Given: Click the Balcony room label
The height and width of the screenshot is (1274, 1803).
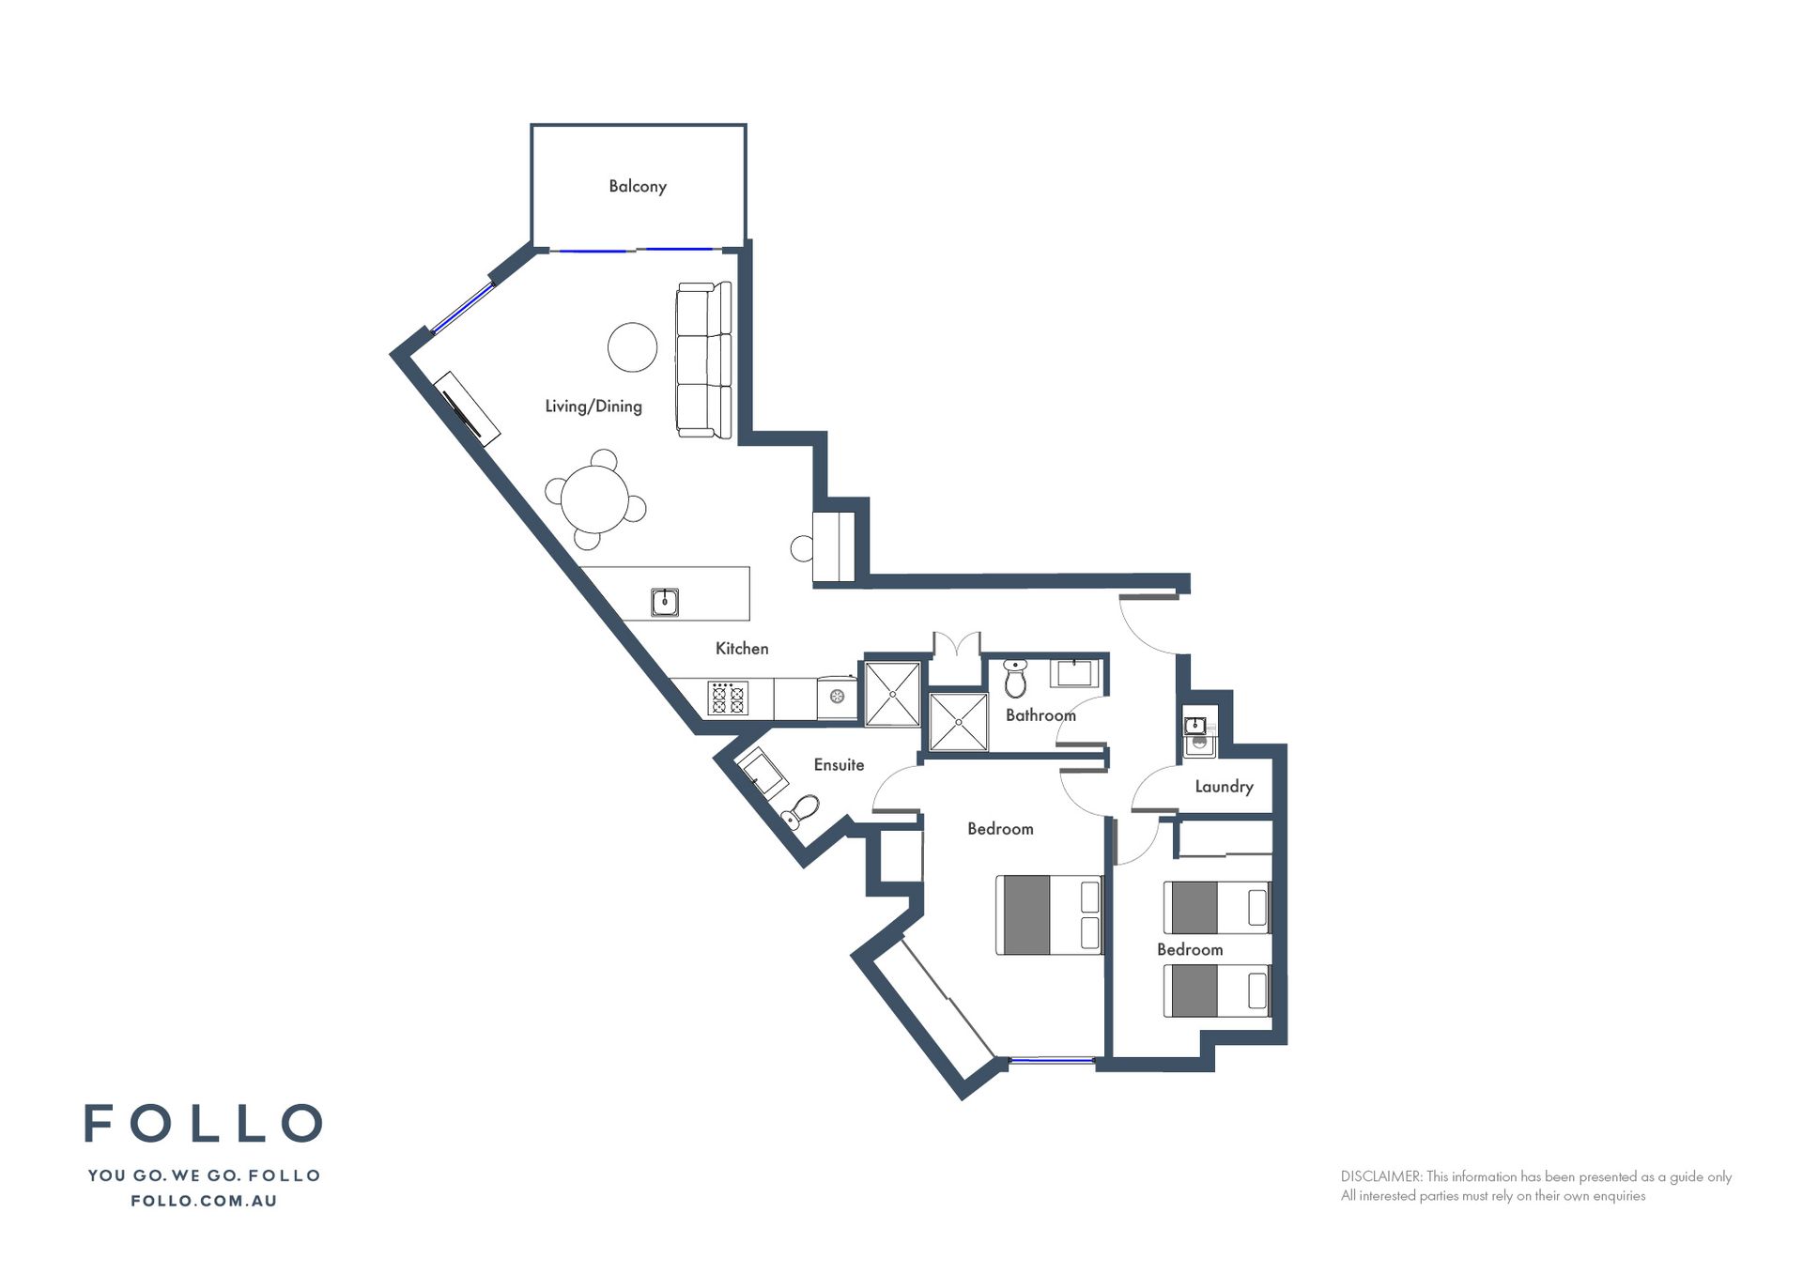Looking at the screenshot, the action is (x=638, y=186).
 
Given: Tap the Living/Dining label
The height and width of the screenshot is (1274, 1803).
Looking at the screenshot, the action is (x=593, y=406).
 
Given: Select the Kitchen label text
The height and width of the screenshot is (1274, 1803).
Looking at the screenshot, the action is (x=742, y=648).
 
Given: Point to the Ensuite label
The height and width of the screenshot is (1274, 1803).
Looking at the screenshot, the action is (x=839, y=764).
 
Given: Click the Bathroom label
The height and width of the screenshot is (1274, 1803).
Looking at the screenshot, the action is (x=1040, y=714).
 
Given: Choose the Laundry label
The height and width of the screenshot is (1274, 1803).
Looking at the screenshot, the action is (x=1224, y=786).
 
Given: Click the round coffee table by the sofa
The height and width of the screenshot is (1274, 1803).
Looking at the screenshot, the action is (x=632, y=347).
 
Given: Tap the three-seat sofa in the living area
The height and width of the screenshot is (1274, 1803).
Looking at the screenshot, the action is (x=703, y=360).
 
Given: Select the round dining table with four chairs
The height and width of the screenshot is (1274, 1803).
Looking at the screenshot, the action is (x=595, y=499).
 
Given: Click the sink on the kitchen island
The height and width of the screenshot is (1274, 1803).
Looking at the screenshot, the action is (x=665, y=601).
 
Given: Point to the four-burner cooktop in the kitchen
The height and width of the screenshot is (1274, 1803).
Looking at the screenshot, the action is (x=728, y=698).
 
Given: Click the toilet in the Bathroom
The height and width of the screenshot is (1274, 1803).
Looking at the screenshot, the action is (x=1015, y=678).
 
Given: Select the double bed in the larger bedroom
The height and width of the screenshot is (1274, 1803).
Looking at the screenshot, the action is (x=1049, y=914).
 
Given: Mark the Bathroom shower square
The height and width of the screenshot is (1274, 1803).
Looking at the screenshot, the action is (x=958, y=722).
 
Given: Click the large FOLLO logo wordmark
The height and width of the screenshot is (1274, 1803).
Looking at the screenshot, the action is (x=204, y=1123).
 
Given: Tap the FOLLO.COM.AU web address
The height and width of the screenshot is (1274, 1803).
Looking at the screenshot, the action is (x=204, y=1201).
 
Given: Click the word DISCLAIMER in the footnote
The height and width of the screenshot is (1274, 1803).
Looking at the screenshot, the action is (x=1381, y=1176).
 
